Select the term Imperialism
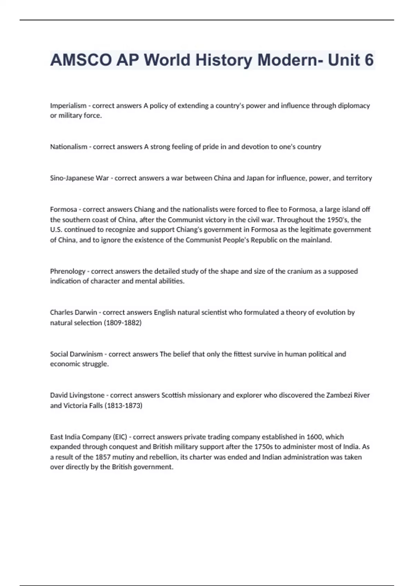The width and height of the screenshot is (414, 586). [68, 106]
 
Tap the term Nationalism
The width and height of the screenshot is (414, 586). [69, 147]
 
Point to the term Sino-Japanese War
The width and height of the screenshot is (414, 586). [79, 178]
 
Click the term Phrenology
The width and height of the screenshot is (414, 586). [67, 271]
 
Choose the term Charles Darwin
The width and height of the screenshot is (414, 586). [73, 313]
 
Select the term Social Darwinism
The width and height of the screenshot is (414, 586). [76, 354]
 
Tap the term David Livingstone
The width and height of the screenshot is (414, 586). [77, 395]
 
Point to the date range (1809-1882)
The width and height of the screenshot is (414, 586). [122, 323]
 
